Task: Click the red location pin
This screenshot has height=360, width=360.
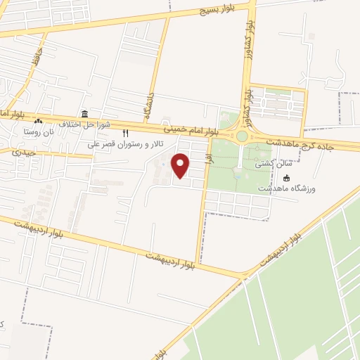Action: pos(181,165)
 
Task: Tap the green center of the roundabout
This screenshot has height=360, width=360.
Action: pos(242,136)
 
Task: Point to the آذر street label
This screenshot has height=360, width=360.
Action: pos(208,159)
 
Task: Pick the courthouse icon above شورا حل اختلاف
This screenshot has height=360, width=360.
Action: pos(84,115)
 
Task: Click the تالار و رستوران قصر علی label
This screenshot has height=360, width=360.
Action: pos(126,143)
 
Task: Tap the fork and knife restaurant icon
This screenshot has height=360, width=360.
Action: pos(126,133)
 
